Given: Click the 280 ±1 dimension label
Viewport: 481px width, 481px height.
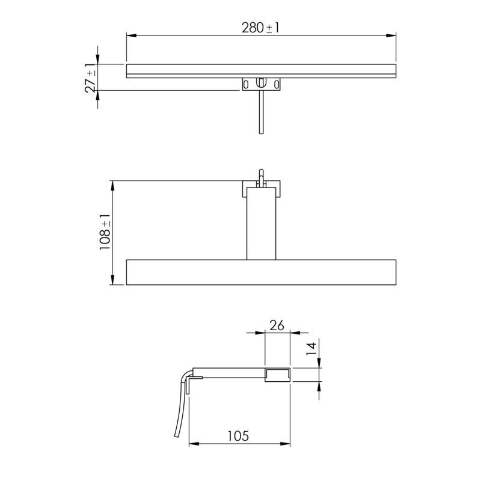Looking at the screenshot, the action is (x=260, y=28).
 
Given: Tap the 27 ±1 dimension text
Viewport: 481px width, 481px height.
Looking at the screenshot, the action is (x=91, y=78).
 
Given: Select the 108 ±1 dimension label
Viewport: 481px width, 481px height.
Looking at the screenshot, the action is (x=105, y=232).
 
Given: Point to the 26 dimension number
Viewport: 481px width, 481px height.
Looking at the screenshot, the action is (x=277, y=325).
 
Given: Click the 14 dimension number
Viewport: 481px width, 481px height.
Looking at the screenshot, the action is (x=311, y=349).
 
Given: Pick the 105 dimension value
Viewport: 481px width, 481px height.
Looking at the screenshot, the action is (x=238, y=436).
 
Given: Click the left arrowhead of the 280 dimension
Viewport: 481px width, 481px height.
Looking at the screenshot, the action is (x=131, y=35).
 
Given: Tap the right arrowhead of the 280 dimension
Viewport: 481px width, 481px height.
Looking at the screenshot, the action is (x=391, y=35).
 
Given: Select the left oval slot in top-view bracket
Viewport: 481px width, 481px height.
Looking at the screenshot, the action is (x=246, y=84).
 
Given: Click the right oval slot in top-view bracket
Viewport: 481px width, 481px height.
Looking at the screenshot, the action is (x=277, y=84).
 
